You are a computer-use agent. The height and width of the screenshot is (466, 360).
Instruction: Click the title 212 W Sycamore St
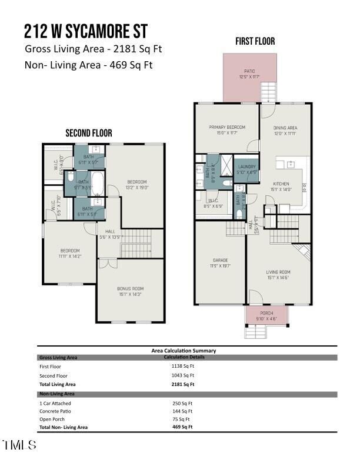pyautogui.click(x=86, y=31)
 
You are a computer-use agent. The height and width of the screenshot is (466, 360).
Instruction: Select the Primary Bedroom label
pyautogui.click(x=226, y=130)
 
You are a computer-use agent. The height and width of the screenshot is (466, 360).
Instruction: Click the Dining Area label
pyautogui.click(x=285, y=130)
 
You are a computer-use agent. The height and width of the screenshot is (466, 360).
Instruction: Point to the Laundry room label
pyautogui.click(x=246, y=169)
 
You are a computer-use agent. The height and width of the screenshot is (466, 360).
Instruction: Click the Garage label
pyautogui.click(x=220, y=263)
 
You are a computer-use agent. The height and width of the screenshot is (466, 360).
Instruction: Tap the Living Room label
pyautogui.click(x=278, y=275)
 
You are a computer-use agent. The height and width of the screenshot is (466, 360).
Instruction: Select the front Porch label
pyautogui.click(x=266, y=316)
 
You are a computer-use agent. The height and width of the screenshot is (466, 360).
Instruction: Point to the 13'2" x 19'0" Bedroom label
pyautogui.click(x=137, y=185)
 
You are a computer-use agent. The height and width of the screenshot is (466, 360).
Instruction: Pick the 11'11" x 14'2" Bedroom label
pyautogui.click(x=69, y=254)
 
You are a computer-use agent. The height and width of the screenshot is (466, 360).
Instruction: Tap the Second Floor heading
pyautogui.click(x=88, y=134)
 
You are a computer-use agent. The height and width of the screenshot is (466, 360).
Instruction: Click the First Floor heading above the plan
pyautogui.click(x=255, y=41)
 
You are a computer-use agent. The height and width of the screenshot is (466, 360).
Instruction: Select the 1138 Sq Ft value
pyautogui.click(x=182, y=366)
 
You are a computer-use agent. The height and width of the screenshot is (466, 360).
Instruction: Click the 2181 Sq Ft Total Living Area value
pyautogui.click(x=182, y=384)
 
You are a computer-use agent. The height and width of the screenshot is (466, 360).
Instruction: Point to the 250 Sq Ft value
pyautogui.click(x=182, y=403)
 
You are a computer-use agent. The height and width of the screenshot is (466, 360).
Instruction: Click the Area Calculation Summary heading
pyautogui.click(x=184, y=351)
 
